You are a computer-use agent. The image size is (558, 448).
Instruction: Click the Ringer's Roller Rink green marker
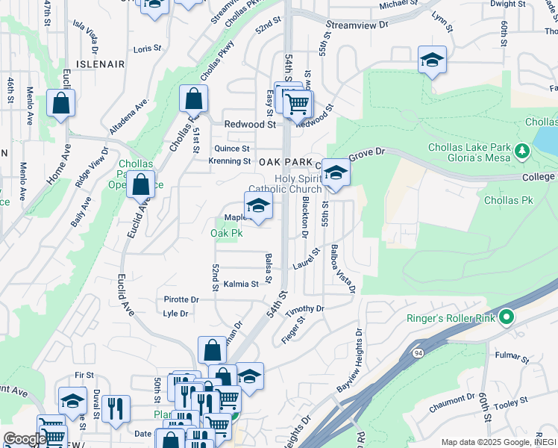pos(507,318)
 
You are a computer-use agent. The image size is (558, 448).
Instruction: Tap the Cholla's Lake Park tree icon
pos(523,152)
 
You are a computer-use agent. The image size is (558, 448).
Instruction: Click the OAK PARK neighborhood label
pos(286,162)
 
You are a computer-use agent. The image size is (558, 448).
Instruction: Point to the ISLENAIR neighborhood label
pos(99,65)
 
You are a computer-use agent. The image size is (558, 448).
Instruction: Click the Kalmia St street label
pos(240,284)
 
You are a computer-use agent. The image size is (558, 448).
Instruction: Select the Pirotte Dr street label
pos(181,299)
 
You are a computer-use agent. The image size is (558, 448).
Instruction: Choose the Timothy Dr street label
pos(305,308)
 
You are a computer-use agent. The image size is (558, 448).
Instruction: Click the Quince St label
pos(232,148)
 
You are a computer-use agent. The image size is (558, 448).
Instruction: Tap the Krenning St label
pos(230,161)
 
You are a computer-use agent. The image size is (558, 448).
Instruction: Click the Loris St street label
pos(147,49)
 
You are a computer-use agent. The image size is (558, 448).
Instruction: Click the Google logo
pos(24,439)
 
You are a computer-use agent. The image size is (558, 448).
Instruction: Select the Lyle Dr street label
pos(175,314)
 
